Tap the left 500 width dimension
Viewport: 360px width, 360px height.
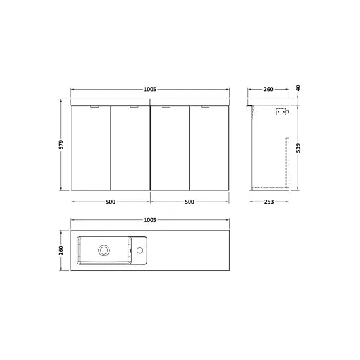click(111, 202)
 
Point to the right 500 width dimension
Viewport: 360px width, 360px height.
click(189, 202)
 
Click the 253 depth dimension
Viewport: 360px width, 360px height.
click(269, 202)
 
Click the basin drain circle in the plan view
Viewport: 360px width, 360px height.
click(103, 249)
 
